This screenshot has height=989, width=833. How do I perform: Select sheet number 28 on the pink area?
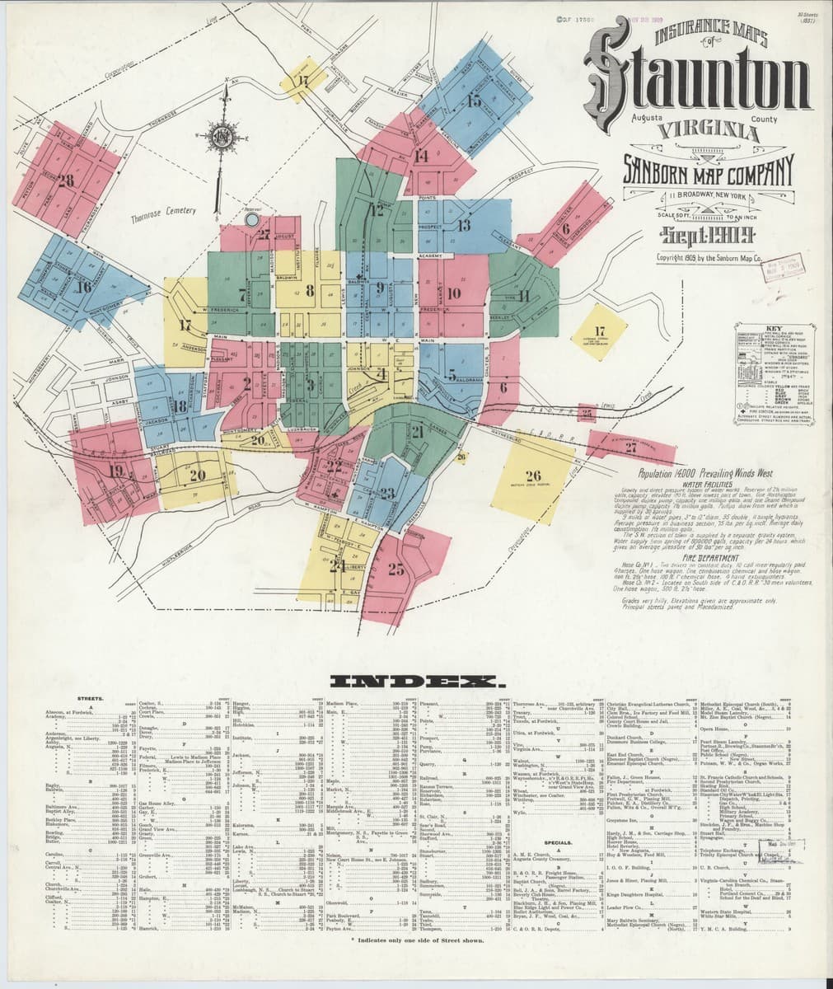pos(66,180)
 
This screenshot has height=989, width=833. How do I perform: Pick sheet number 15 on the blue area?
pos(474,101)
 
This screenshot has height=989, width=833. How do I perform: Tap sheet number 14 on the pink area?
pos(422,155)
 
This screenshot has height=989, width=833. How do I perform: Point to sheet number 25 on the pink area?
pos(396,569)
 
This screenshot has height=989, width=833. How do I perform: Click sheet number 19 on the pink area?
pos(117,471)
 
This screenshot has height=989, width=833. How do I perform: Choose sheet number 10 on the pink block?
pos(454,293)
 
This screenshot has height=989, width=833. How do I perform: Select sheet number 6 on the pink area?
pos(565,228)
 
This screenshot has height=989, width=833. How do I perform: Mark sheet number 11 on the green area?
pos(523,297)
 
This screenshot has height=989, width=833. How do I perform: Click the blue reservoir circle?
pos(252,220)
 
